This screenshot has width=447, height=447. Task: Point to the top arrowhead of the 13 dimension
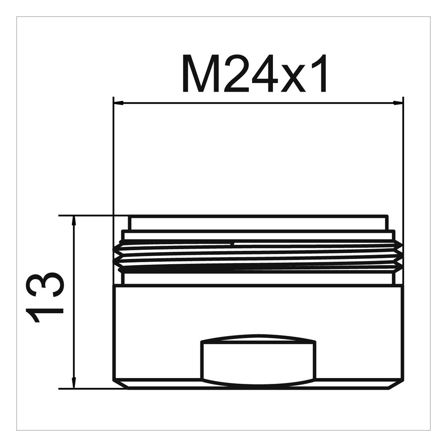click(x=74, y=220)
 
